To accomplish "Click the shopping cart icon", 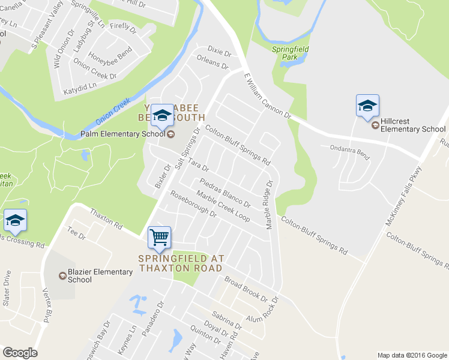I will click(x=159, y=237).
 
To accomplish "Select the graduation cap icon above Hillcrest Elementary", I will click(x=367, y=106).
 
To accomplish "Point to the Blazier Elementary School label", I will click(x=95, y=275).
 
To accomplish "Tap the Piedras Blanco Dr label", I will click(x=224, y=193).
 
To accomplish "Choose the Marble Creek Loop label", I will click(x=223, y=207).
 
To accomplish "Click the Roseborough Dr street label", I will click(x=193, y=203).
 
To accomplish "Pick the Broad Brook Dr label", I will click(x=245, y=289).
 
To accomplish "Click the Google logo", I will click(x=20, y=353).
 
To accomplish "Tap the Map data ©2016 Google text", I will click(x=412, y=355).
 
